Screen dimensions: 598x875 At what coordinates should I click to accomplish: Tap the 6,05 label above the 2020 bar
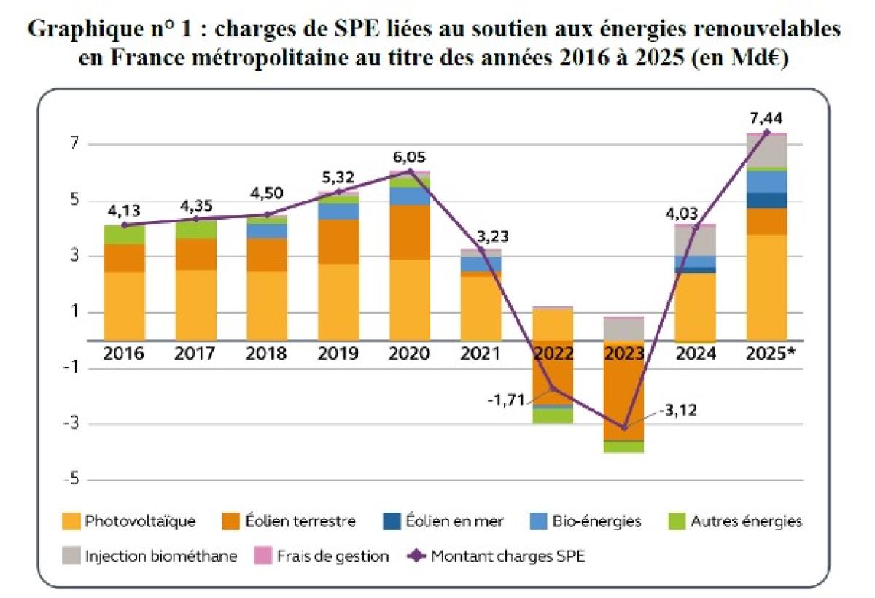coord(409,158)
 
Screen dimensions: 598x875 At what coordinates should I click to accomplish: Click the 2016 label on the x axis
coord(123,354)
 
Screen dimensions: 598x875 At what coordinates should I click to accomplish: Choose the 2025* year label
coord(770,354)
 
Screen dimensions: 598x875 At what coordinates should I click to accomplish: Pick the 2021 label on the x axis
coord(481,354)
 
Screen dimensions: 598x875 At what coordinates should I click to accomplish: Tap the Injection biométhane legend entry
coord(150,556)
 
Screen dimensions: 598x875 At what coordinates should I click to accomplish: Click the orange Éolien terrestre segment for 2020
coord(410,232)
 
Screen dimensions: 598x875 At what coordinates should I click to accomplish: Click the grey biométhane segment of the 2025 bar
coord(766,151)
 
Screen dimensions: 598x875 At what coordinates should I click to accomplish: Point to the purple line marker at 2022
coord(553,388)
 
